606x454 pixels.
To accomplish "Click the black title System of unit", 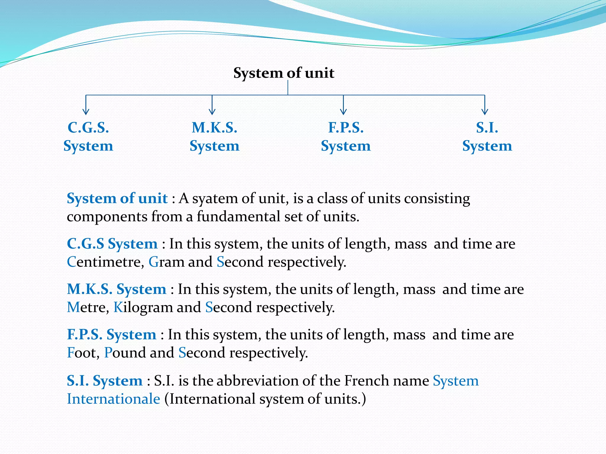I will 283,73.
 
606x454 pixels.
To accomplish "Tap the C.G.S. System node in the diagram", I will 88,137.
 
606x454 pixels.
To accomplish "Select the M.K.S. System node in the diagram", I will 214,137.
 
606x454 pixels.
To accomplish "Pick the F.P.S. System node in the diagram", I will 346,137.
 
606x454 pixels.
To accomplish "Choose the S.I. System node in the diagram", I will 487,137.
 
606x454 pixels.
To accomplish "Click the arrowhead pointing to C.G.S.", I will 86,112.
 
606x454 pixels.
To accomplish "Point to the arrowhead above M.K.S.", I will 212,112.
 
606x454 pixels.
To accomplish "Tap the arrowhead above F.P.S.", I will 343,112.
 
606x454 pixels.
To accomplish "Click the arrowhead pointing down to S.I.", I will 485,112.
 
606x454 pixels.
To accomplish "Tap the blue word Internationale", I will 113,399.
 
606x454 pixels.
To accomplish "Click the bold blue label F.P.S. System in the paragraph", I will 111,335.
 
